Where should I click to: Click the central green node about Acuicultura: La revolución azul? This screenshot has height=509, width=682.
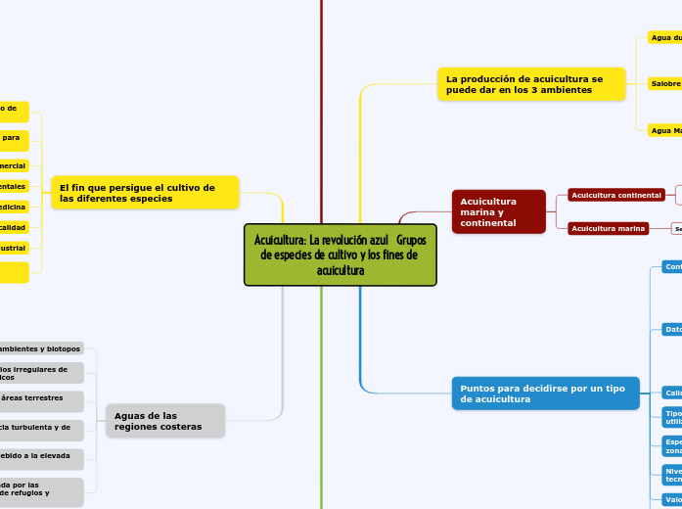pos(340,254)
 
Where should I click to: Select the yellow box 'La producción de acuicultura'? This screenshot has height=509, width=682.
pos(531,84)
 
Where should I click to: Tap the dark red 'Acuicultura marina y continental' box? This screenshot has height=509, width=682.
pos(498,211)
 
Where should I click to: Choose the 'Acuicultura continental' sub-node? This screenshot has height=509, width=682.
pos(616,196)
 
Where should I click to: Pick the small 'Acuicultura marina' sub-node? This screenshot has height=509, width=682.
pos(608,229)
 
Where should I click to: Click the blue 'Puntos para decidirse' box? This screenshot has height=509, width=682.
pos(546,393)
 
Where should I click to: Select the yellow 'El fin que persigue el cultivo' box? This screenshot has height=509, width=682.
pos(146,193)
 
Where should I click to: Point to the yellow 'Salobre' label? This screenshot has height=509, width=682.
pos(665,84)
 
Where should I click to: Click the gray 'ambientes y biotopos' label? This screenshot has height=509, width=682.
pos(40,348)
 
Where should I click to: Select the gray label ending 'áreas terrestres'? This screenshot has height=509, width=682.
pos(40,398)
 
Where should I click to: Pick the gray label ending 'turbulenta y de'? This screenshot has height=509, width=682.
pos(40,427)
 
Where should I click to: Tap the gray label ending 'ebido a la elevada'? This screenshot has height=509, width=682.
pos(40,455)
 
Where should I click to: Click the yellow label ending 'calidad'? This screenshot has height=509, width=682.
pos(14,227)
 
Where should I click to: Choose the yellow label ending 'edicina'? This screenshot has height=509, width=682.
pos(14,207)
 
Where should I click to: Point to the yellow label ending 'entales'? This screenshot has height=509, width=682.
pos(14,186)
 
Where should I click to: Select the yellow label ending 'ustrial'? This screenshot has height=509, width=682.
pos(14,248)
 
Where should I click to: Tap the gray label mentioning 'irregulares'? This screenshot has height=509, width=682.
pos(40,373)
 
